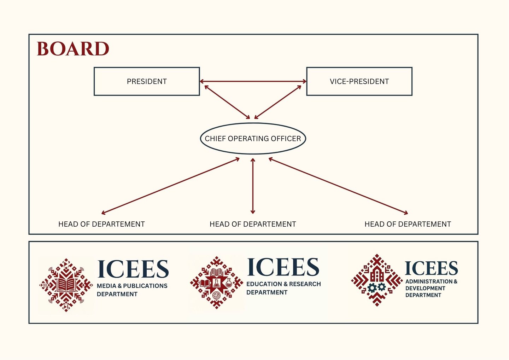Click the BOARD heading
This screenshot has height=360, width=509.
[73, 49]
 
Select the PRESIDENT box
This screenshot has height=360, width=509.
[147, 81]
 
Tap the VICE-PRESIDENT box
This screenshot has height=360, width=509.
[359, 81]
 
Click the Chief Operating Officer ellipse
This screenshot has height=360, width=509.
[253, 139]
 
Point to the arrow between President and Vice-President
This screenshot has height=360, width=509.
[253, 81]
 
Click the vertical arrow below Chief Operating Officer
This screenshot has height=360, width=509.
[253, 186]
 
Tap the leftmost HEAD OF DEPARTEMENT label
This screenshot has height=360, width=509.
[101, 224]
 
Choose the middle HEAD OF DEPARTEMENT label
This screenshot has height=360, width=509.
[253, 224]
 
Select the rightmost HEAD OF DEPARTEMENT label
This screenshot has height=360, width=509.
[408, 224]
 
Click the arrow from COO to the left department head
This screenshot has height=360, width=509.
[170, 186]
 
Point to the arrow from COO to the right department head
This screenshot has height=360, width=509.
[338, 186]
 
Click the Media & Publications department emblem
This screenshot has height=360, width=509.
[66, 285]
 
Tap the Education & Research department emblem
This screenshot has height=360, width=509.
[216, 283]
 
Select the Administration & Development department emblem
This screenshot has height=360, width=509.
[377, 280]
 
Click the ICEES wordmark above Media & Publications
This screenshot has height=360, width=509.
[133, 269]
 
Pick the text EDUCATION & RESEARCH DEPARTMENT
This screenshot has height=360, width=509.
[283, 288]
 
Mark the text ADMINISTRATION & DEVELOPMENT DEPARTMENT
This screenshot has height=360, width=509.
[431, 288]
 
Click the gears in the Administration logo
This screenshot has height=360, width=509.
[376, 287]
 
